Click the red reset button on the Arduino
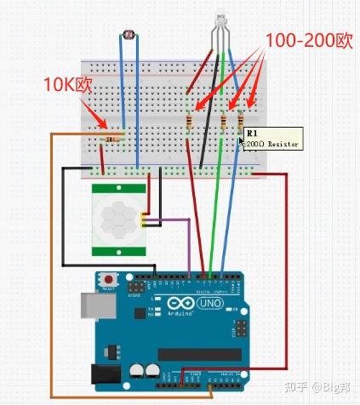click(109, 279)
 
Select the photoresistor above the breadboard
click(129, 36)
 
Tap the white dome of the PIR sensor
click(115, 219)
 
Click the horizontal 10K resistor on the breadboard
click(110, 136)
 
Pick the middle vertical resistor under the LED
click(223, 125)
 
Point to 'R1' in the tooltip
click(251, 134)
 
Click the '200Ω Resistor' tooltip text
click(272, 145)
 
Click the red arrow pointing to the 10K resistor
click(93, 114)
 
